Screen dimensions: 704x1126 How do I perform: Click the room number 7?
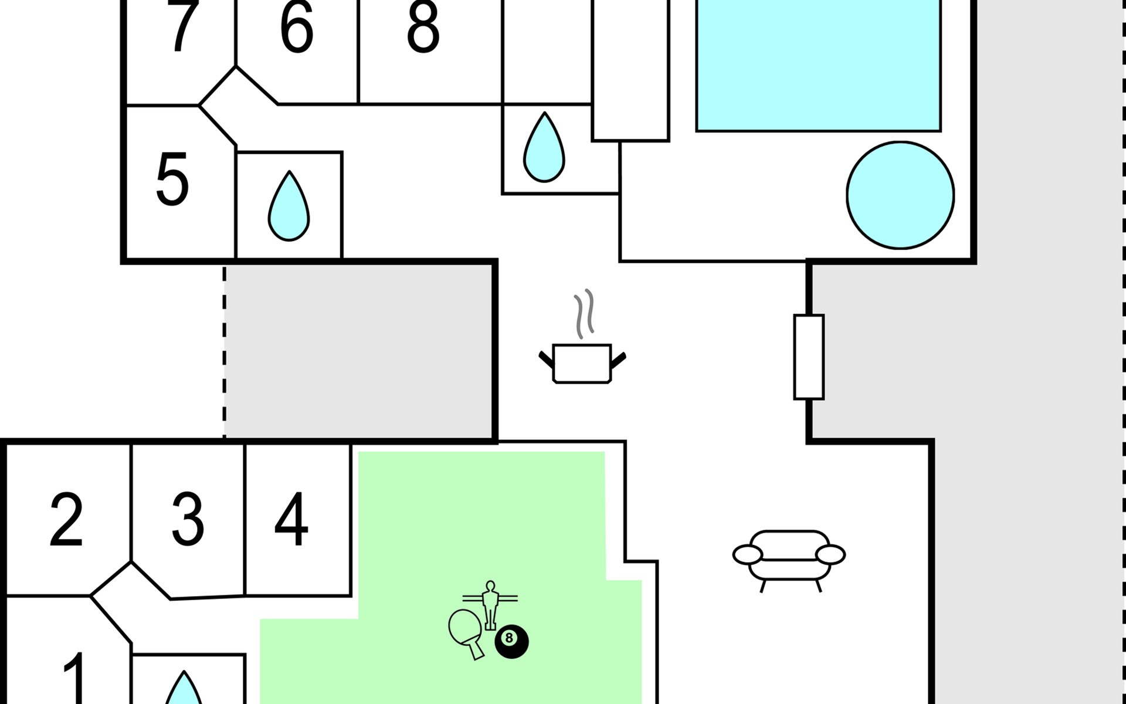[x=182, y=26]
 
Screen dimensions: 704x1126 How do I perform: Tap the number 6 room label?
[x=297, y=26]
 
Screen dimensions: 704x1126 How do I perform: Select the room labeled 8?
[x=423, y=26]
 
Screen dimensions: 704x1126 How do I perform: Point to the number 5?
[x=172, y=179]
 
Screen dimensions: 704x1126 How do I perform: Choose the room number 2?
[x=66, y=520]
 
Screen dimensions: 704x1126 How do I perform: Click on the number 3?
[x=188, y=520]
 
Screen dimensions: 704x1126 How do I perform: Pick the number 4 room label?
[x=291, y=519]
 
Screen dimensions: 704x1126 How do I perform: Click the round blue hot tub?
[x=900, y=195]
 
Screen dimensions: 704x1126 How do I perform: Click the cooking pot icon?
[x=582, y=364]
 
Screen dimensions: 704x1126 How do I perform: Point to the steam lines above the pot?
[x=584, y=314]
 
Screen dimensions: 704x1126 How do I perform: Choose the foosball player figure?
[x=490, y=604]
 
